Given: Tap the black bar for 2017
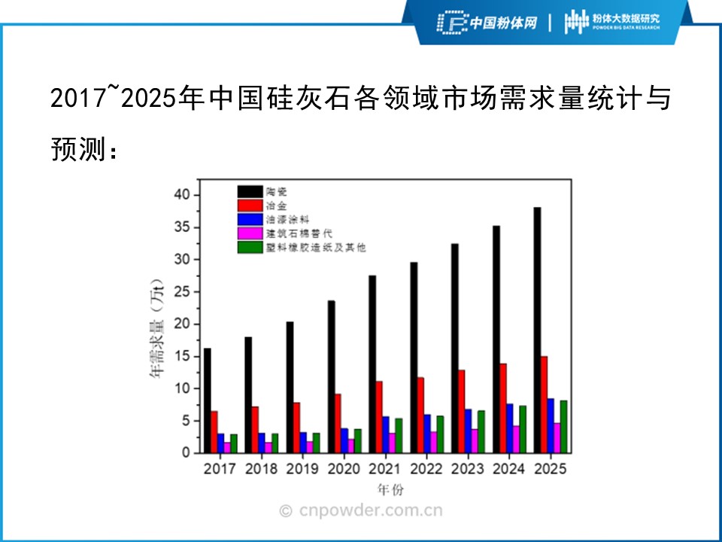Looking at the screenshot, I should tap(207, 400).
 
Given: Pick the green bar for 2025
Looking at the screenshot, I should tap(563, 426).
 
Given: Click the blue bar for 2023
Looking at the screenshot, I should tap(468, 431).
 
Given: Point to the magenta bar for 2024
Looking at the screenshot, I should tap(515, 439).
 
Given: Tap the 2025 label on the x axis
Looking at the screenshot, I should tap(550, 469).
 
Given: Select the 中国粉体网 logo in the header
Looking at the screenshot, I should tap(488, 23).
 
